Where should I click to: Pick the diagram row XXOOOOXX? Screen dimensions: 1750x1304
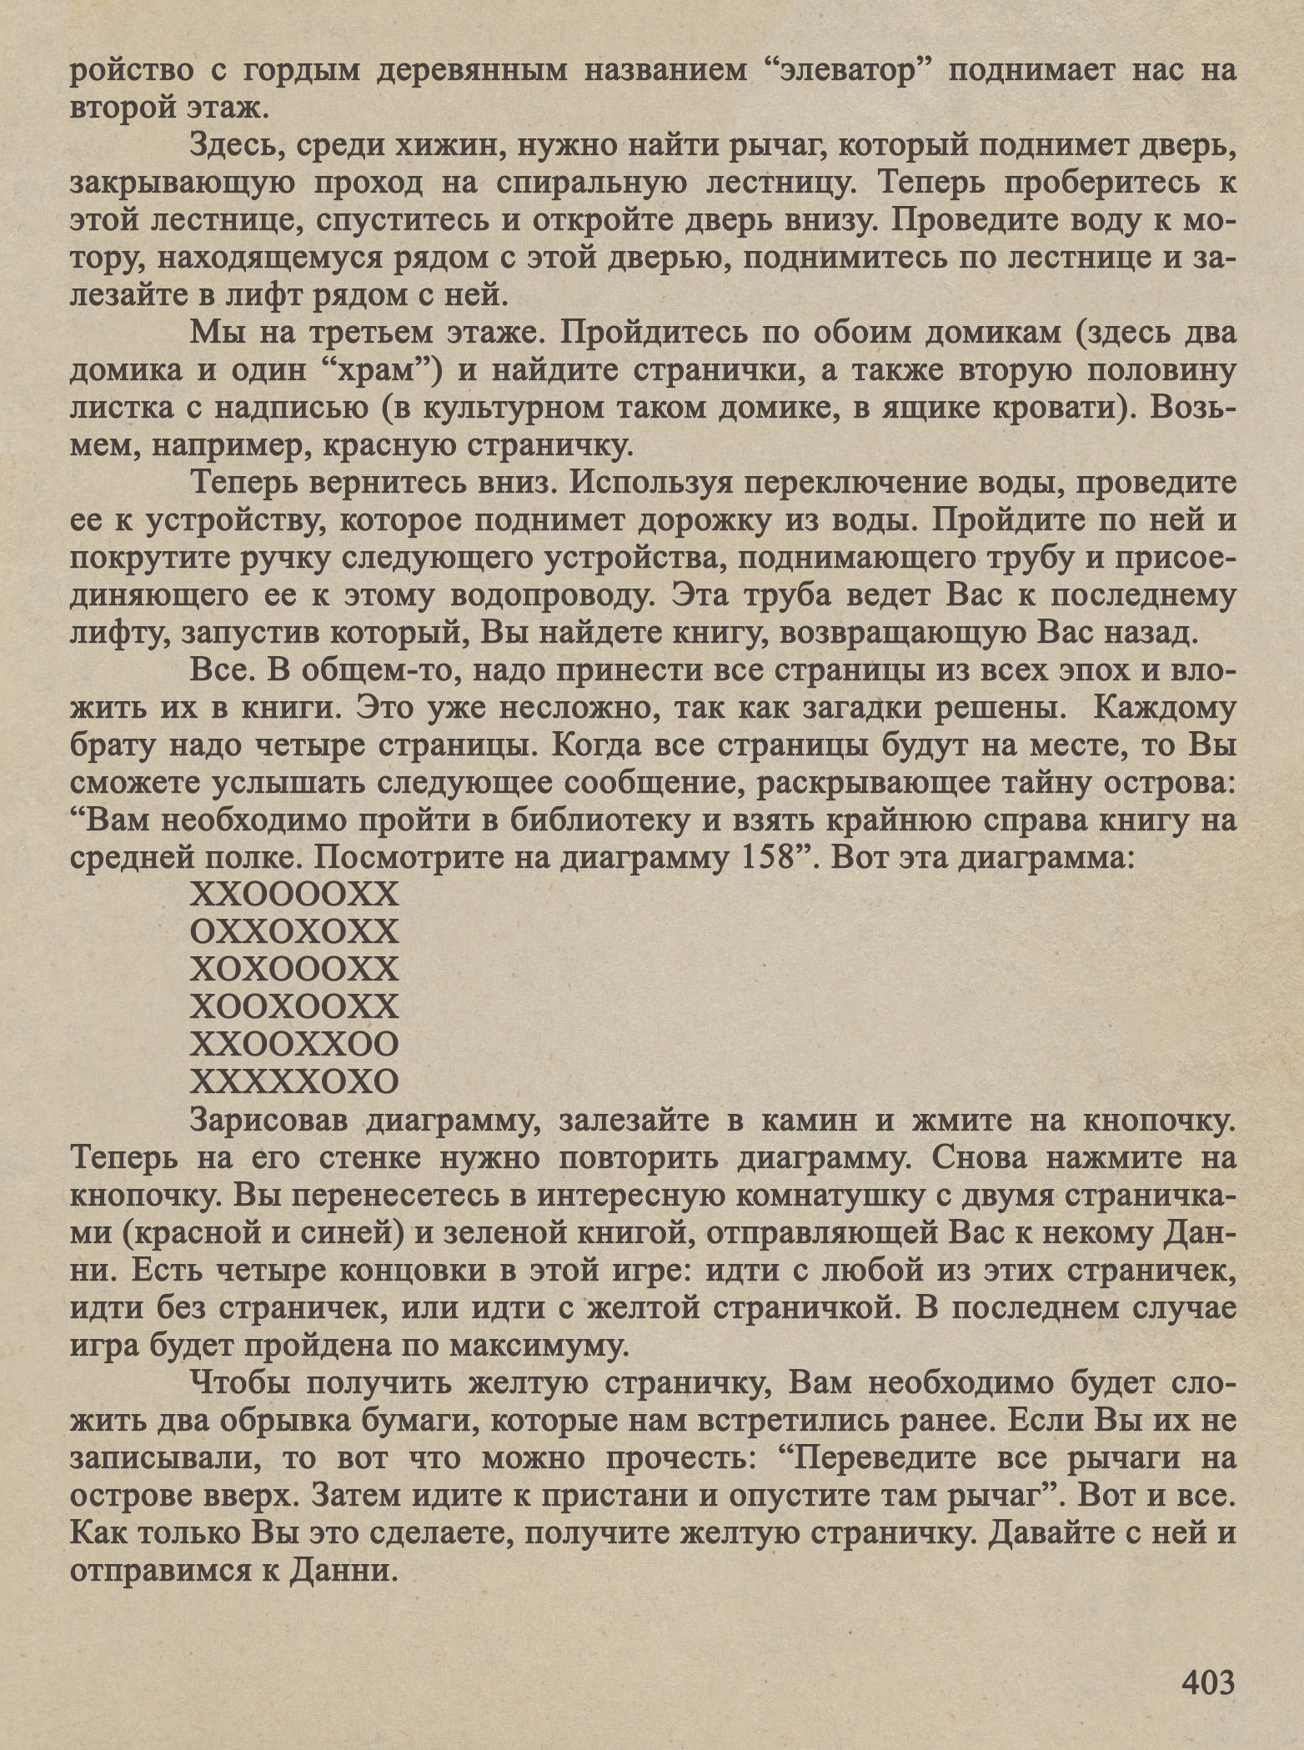294,895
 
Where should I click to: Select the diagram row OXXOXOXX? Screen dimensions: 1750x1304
294,931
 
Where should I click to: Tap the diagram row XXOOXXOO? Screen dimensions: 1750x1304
294,1044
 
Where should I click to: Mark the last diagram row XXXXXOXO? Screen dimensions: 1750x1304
294,1081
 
